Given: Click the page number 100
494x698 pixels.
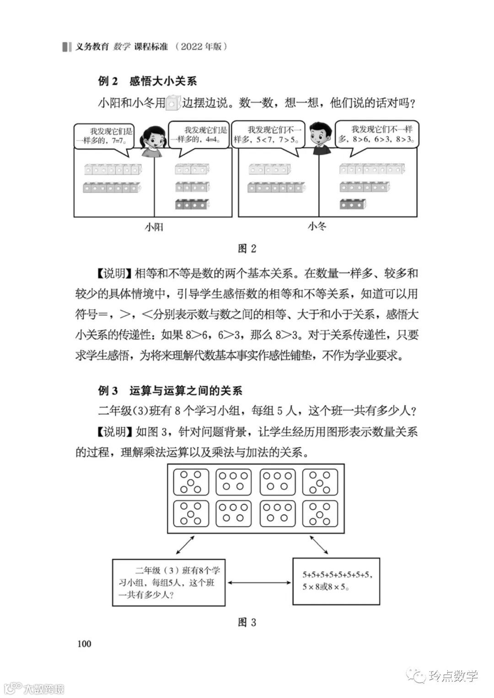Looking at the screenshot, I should click(x=85, y=643).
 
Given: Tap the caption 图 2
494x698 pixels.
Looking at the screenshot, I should click(x=247, y=249).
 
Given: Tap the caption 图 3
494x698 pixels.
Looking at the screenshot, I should click(x=247, y=622).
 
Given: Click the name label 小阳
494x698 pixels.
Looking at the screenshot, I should click(x=154, y=227).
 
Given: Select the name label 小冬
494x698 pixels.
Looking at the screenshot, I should click(x=317, y=226).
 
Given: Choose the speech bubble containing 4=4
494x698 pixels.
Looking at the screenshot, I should click(x=200, y=135).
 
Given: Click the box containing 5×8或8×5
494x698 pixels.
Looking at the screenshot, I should click(x=336, y=581).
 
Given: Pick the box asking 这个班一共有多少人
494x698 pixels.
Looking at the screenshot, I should click(x=169, y=582).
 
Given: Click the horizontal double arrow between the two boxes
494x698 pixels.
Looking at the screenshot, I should click(x=259, y=582).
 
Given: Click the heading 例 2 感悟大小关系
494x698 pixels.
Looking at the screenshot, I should click(x=148, y=81).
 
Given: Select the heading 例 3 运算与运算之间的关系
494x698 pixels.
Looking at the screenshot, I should click(x=170, y=390).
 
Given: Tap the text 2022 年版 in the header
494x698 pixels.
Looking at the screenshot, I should click(x=201, y=47).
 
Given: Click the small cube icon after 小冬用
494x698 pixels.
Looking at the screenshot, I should click(x=172, y=103).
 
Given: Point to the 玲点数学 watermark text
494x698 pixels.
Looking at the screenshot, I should click(x=453, y=675).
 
